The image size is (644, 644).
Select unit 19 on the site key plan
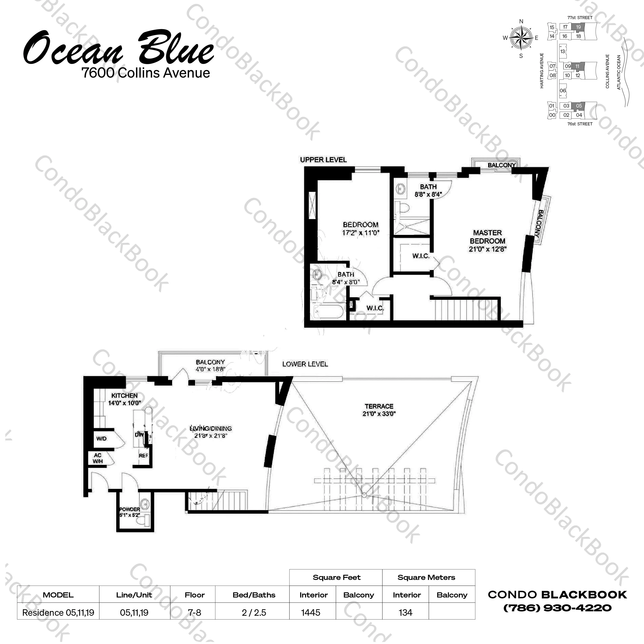tap(578, 27)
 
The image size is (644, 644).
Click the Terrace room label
tap(379, 406)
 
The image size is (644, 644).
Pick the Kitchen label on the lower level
tap(124, 395)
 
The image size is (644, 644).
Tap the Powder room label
tap(130, 509)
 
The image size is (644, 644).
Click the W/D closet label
tap(101, 438)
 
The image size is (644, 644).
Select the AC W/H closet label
tap(98, 458)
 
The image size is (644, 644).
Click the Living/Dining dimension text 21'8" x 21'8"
tap(211, 435)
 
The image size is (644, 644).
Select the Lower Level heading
tap(305, 364)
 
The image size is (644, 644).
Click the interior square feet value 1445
tap(310, 612)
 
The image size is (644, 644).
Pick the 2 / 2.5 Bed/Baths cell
tap(254, 612)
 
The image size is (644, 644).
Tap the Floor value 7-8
tap(194, 612)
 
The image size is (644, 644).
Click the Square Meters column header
tap(426, 577)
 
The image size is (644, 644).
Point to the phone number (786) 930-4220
tap(557, 608)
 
